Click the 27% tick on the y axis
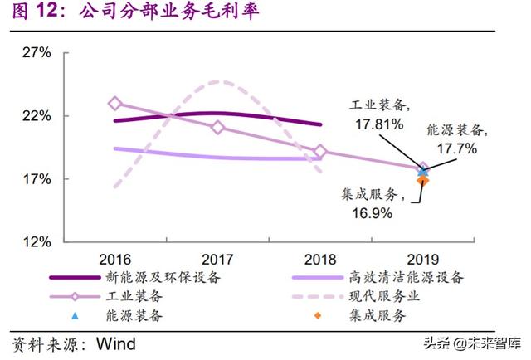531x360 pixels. pos(36,52)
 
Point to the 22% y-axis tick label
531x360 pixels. pos(36,115)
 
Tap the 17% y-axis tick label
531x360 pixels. pos(36,179)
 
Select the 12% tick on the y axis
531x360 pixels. pos(36,242)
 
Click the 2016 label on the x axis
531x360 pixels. pos(114,257)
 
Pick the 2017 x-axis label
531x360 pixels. pos(218,257)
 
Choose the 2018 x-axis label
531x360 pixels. pos(320,257)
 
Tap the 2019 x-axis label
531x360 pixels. pos(423,257)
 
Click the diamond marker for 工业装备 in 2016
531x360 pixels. pos(114,104)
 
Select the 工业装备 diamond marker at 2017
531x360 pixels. pos(218,128)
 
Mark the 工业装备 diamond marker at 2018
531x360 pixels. pos(320,152)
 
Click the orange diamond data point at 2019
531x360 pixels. pos(422,180)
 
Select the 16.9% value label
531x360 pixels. pos(365,213)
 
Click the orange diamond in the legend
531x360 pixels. pos(315,315)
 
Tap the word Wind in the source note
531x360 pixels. pos(116,343)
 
